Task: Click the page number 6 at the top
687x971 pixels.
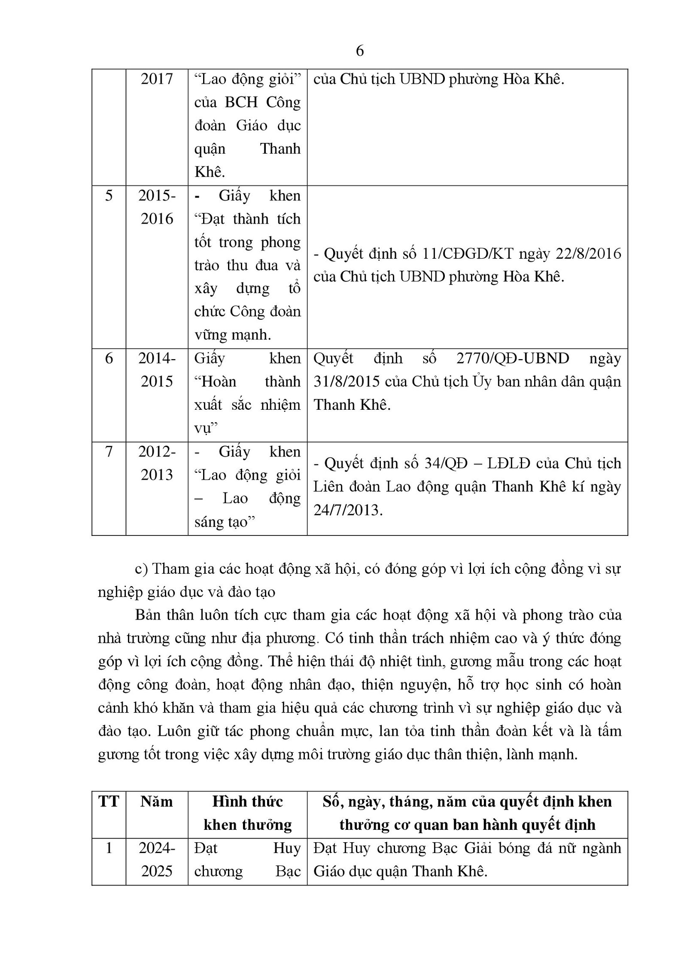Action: click(x=359, y=51)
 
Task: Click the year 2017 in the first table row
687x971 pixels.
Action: click(x=157, y=79)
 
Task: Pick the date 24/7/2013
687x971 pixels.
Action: click(x=347, y=510)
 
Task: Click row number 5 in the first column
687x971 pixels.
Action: click(x=109, y=196)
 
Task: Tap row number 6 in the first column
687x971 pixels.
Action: click(x=109, y=358)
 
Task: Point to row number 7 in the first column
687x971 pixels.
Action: click(x=109, y=451)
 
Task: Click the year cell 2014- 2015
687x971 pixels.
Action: click(x=157, y=369)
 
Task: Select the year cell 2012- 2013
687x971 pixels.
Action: click(x=157, y=463)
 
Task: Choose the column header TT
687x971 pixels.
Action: click(x=109, y=802)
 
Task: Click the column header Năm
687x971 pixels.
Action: click(x=157, y=802)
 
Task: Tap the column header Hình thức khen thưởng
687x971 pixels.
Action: click(x=247, y=813)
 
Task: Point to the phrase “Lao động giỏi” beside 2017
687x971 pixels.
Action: click(x=247, y=79)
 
